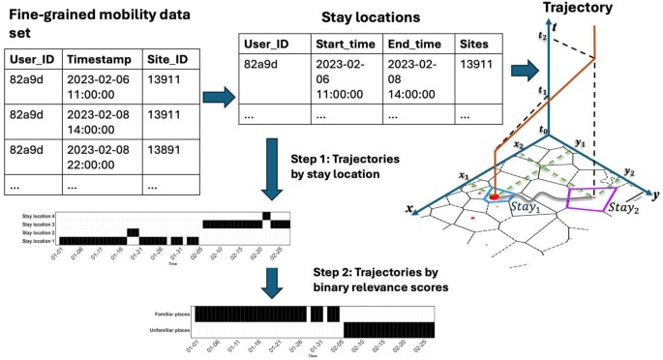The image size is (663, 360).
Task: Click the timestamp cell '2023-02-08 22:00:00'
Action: (x=100, y=155)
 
